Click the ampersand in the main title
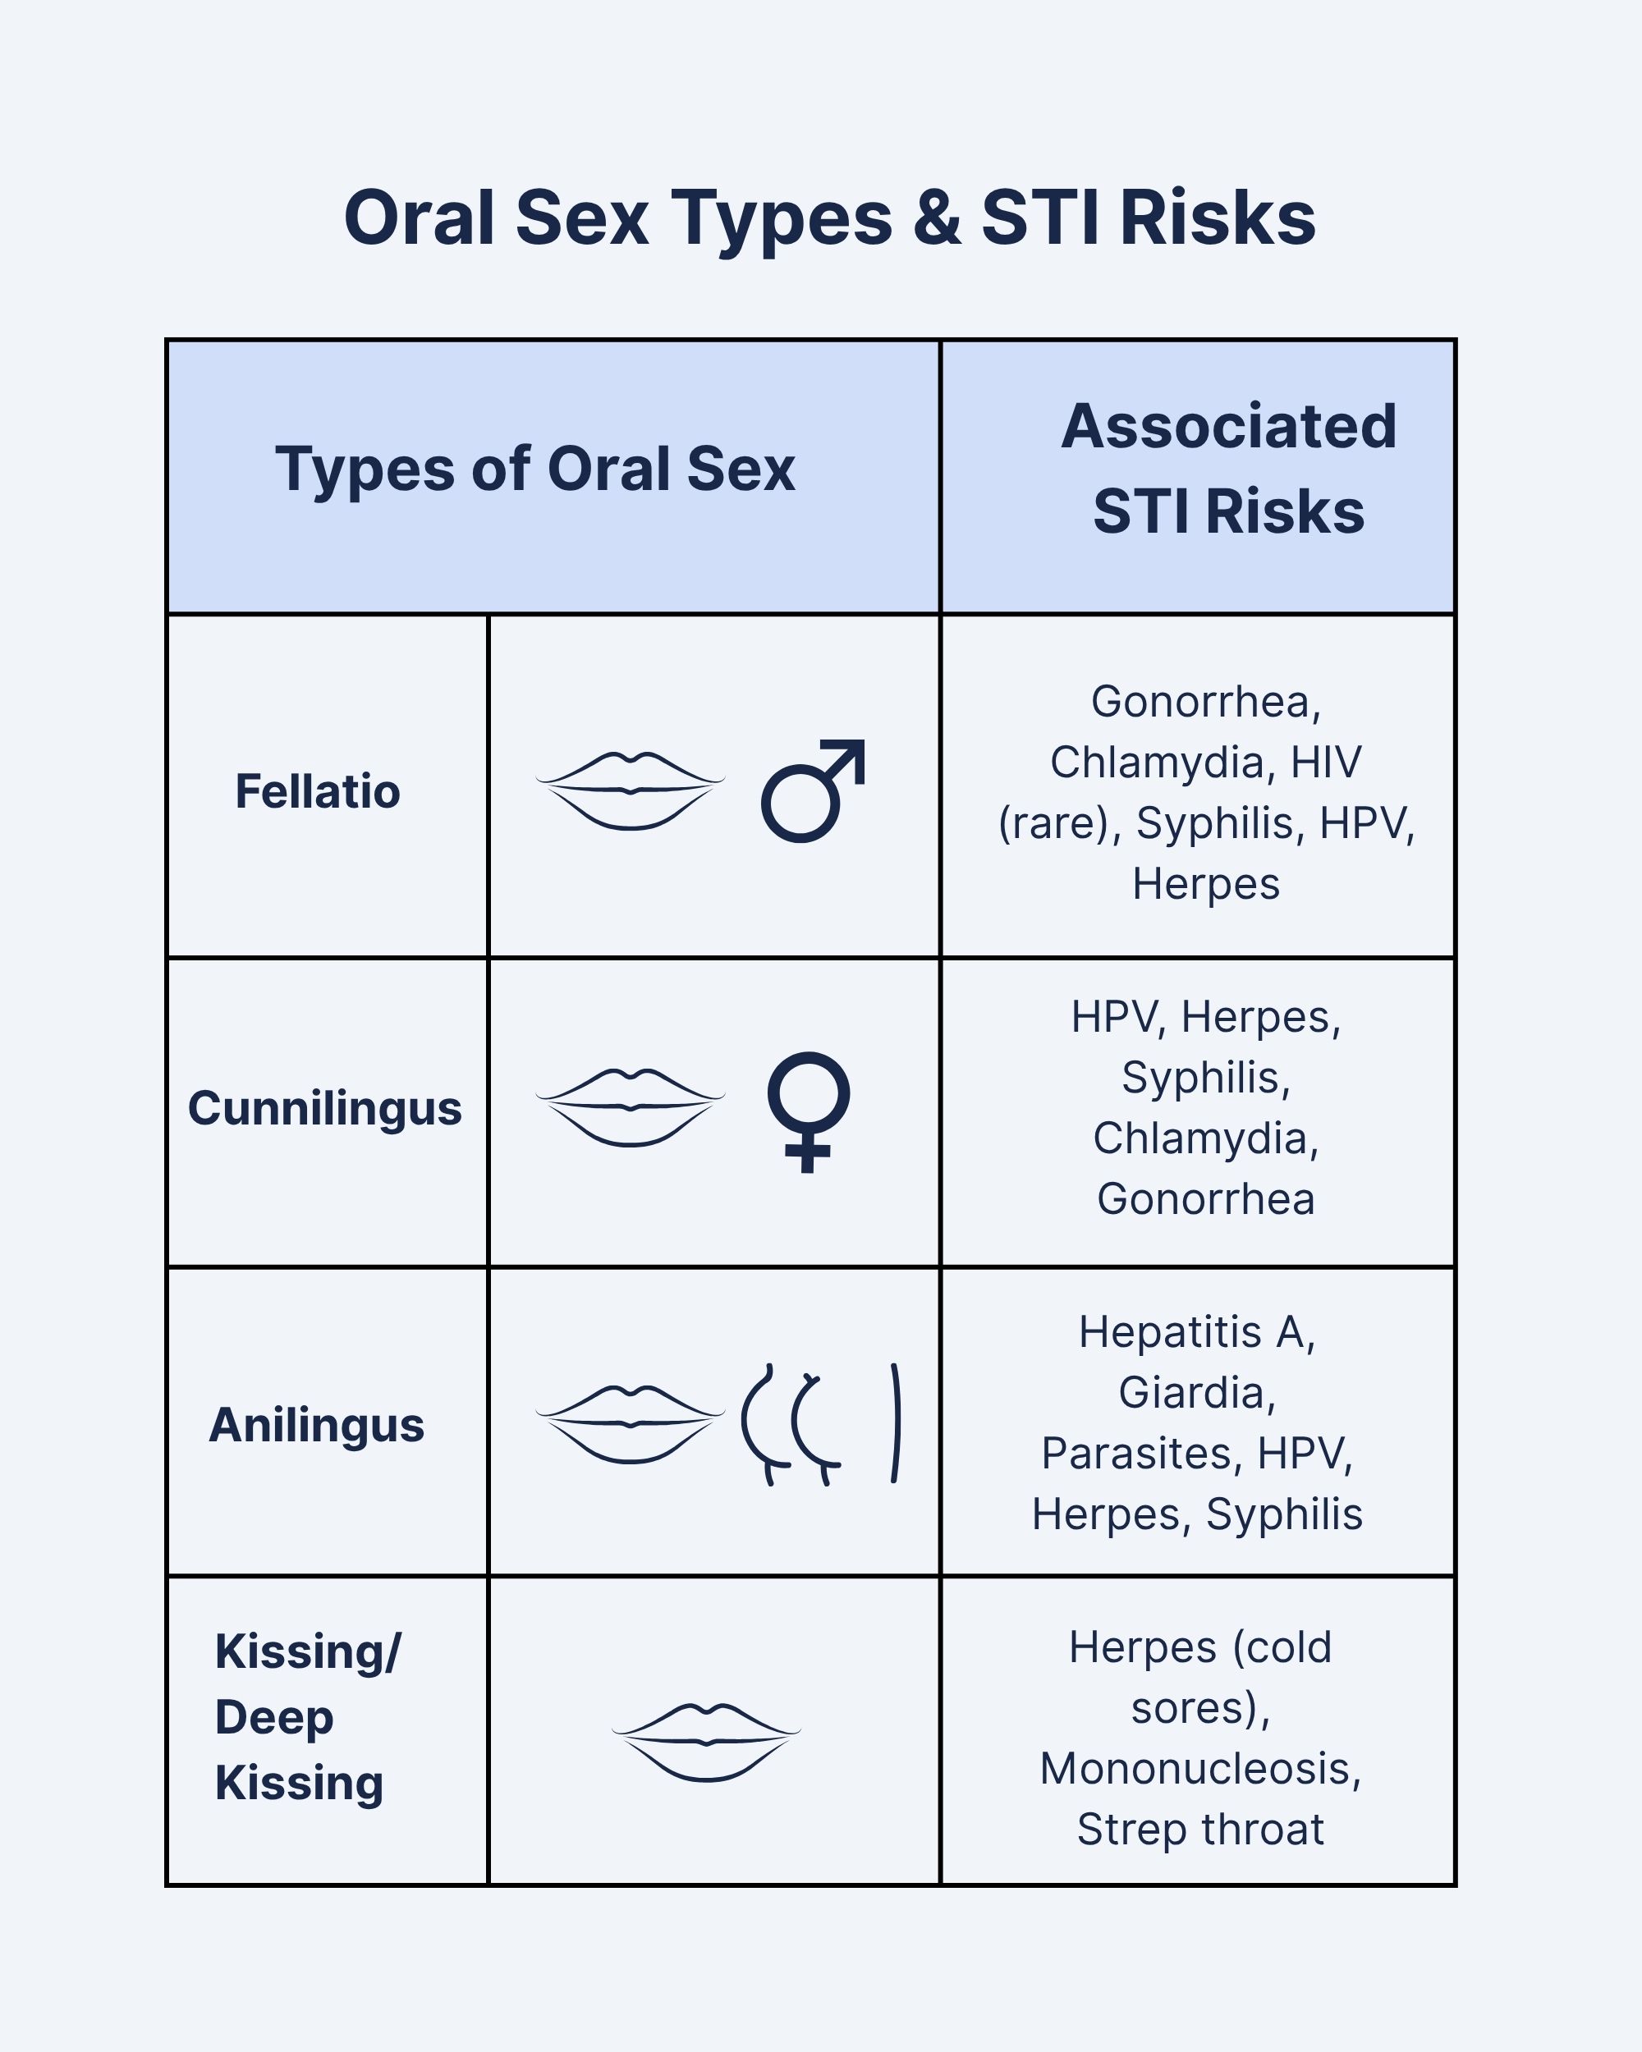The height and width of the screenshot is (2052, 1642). (937, 218)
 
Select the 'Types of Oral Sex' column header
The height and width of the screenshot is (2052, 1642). (535, 469)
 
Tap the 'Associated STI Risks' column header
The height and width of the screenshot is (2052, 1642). (1229, 469)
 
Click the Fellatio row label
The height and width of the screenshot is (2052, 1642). (318, 791)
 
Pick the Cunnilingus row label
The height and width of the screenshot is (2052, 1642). (324, 1108)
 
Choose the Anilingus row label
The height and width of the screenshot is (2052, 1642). (317, 1425)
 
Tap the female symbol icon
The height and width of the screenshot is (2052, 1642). (808, 1111)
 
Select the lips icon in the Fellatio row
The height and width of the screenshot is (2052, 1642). (631, 791)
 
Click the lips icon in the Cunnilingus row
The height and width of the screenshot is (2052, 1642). (631, 1108)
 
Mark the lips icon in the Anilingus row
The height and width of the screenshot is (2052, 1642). (631, 1425)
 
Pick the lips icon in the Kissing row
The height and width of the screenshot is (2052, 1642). (706, 1742)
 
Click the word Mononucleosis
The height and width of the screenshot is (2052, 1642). (1200, 1768)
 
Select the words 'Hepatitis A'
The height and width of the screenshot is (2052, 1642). (1196, 1331)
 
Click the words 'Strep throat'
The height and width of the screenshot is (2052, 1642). (1200, 1830)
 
